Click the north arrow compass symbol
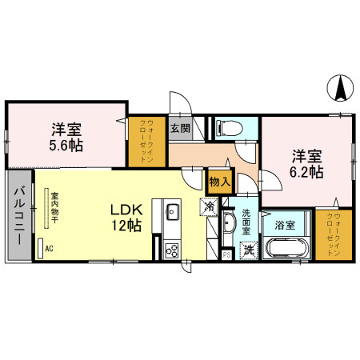click(341, 86)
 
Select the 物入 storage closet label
click(218, 182)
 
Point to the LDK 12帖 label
click(126, 218)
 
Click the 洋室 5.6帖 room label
click(65, 138)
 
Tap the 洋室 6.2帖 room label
click(306, 162)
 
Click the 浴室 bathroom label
click(284, 226)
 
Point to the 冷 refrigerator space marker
click(207, 206)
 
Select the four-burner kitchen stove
click(173, 250)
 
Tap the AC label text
click(50, 250)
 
